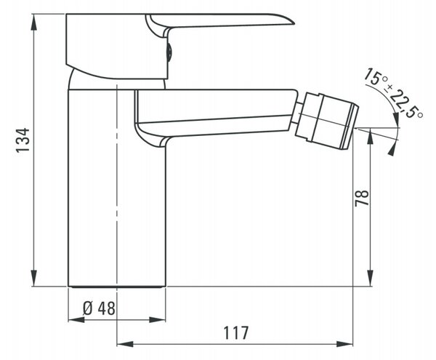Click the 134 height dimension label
pyautogui.click(x=23, y=140)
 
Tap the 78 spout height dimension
pyautogui.click(x=362, y=198)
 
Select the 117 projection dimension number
pyautogui.click(x=236, y=333)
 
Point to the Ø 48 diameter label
pyautogui.click(x=99, y=308)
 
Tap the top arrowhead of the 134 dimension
pyautogui.click(x=34, y=23)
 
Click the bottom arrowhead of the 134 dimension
pyautogui.click(x=34, y=278)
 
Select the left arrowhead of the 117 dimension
pyautogui.click(x=125, y=344)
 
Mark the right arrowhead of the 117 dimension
pyautogui.click(x=344, y=344)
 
